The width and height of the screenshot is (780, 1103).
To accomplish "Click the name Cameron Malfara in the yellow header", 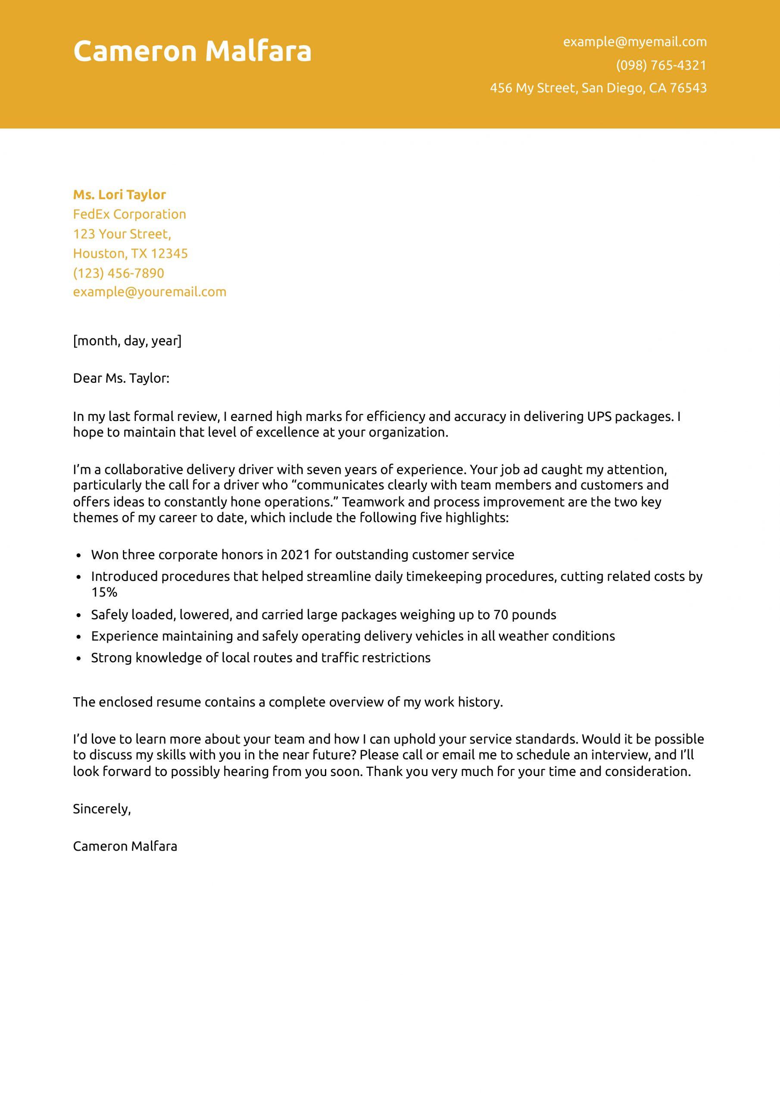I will pyautogui.click(x=192, y=51).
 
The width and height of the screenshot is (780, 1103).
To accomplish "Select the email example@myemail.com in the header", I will pyautogui.click(x=634, y=42).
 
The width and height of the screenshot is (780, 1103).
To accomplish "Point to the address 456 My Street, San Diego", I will pyautogui.click(x=598, y=88).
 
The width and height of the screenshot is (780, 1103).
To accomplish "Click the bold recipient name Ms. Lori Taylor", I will pyautogui.click(x=119, y=195).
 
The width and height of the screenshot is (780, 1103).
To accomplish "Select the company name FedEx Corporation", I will pyautogui.click(x=129, y=214).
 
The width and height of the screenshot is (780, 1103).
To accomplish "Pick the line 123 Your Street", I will pyautogui.click(x=122, y=234).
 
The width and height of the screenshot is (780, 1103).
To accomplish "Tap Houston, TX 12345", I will pyautogui.click(x=130, y=254).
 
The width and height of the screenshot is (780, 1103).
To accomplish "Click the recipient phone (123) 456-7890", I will pyautogui.click(x=118, y=273).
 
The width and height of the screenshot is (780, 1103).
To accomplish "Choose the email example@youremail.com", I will pyautogui.click(x=150, y=292).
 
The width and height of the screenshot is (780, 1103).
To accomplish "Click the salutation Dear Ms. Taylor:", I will pyautogui.click(x=121, y=379).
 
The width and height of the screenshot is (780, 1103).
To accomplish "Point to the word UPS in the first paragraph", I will pyautogui.click(x=599, y=417).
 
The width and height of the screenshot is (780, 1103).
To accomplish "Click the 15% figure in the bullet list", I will pyautogui.click(x=104, y=592).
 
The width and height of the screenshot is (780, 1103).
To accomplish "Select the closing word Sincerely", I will pyautogui.click(x=101, y=809).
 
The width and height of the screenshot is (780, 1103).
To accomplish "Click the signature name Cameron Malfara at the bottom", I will pyautogui.click(x=125, y=847).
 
